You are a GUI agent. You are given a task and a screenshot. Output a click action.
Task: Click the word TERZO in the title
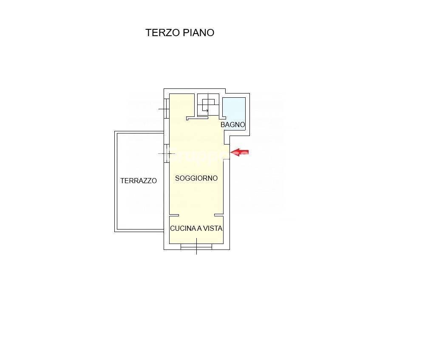click(163, 33)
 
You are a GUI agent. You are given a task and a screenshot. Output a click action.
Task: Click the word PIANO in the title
click(198, 33)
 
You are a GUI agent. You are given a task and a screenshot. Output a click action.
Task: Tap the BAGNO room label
click(232, 125)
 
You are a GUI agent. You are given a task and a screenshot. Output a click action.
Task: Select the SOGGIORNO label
click(196, 179)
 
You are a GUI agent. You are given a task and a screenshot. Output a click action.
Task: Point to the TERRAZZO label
click(139, 181)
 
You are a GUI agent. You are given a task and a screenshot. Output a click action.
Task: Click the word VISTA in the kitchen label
click(212, 229)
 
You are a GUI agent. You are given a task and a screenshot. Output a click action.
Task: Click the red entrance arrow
click(240, 152)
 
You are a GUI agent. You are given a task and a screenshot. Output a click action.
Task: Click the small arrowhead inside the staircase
click(207, 111)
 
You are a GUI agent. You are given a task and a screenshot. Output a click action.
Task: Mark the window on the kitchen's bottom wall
click(196, 247)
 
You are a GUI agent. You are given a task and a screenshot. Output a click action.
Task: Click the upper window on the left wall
click(167, 109)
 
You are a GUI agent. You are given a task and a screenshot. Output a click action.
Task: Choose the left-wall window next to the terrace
click(167, 153)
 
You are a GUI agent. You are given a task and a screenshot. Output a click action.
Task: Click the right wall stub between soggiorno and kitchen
click(219, 215)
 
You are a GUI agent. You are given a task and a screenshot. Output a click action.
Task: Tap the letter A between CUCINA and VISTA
click(199, 229)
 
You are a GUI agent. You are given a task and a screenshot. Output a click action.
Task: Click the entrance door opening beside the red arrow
click(227, 152)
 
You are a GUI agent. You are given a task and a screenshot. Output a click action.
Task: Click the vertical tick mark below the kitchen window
click(196, 251)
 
